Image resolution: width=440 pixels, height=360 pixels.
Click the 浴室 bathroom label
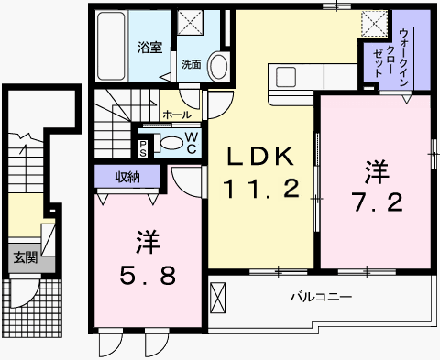point(149,48)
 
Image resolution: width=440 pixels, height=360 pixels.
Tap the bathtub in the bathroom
point(111,46)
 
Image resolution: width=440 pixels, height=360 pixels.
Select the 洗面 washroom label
point(192,64)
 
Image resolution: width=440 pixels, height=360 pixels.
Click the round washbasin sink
point(218,67)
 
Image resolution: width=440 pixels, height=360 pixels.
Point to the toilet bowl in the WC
point(171,143)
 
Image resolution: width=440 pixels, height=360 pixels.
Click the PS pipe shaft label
point(143,148)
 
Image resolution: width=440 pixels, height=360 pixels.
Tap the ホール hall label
point(177,115)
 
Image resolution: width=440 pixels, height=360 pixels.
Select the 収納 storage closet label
point(127,177)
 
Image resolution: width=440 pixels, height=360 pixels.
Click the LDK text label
point(258,156)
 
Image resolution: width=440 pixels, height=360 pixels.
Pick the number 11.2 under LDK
point(261,189)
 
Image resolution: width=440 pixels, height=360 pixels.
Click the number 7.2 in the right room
point(379,202)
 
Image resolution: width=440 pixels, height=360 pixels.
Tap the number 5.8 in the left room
point(148,276)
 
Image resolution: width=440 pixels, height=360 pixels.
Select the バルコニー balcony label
point(321,297)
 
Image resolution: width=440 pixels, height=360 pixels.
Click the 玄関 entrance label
point(26,257)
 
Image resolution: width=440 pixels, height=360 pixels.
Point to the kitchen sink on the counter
point(286,77)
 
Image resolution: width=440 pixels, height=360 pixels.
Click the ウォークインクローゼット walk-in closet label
point(390,58)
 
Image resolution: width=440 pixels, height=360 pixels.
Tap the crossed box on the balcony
point(218,298)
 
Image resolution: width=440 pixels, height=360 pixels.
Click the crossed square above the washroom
point(191,22)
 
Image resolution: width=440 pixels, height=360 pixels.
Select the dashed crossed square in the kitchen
point(374,24)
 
